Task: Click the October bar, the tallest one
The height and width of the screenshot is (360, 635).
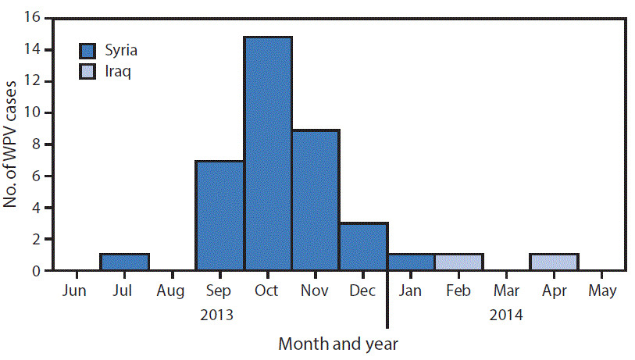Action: [x=268, y=154]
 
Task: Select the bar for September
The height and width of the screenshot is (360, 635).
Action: [x=219, y=216]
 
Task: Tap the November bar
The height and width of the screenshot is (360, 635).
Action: [x=316, y=200]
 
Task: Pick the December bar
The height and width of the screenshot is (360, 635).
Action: [x=363, y=247]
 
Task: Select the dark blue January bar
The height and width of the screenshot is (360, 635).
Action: [x=411, y=262]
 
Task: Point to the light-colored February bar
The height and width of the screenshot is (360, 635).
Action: [x=458, y=262]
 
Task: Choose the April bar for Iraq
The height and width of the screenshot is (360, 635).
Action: [x=554, y=262]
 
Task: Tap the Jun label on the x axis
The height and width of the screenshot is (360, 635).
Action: [x=76, y=291]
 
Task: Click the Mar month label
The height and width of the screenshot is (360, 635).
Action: [x=506, y=291]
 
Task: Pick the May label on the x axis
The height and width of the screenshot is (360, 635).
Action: [x=601, y=291]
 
